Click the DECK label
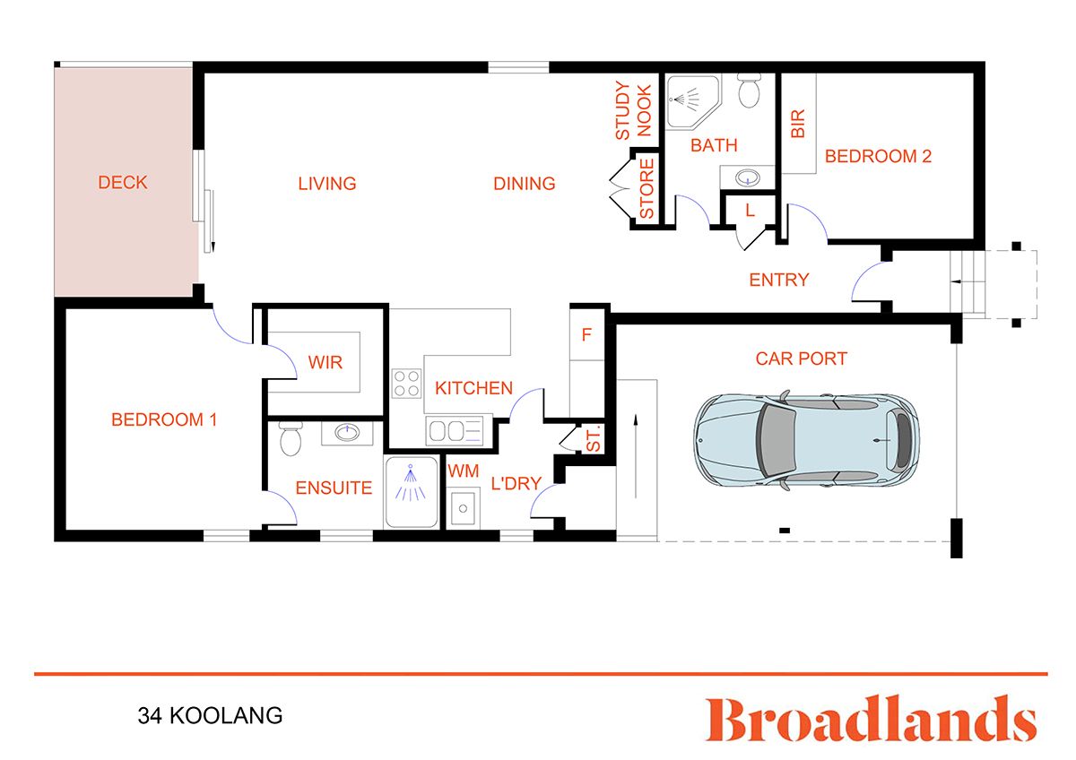pyautogui.click(x=123, y=183)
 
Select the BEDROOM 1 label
pyautogui.click(x=164, y=419)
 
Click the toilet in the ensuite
pyautogui.click(x=289, y=439)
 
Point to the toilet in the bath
pyautogui.click(x=749, y=91)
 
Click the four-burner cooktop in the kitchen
pyautogui.click(x=406, y=384)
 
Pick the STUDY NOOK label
pyautogui.click(x=633, y=110)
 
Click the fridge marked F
pyautogui.click(x=587, y=335)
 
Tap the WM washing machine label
pyautogui.click(x=464, y=471)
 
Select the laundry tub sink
pyautogui.click(x=464, y=508)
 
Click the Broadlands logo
pyautogui.click(x=871, y=720)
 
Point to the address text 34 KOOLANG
pyautogui.click(x=210, y=716)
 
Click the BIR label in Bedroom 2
pyautogui.click(x=798, y=123)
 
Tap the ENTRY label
pyautogui.click(x=779, y=280)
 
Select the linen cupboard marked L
pyautogui.click(x=749, y=211)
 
